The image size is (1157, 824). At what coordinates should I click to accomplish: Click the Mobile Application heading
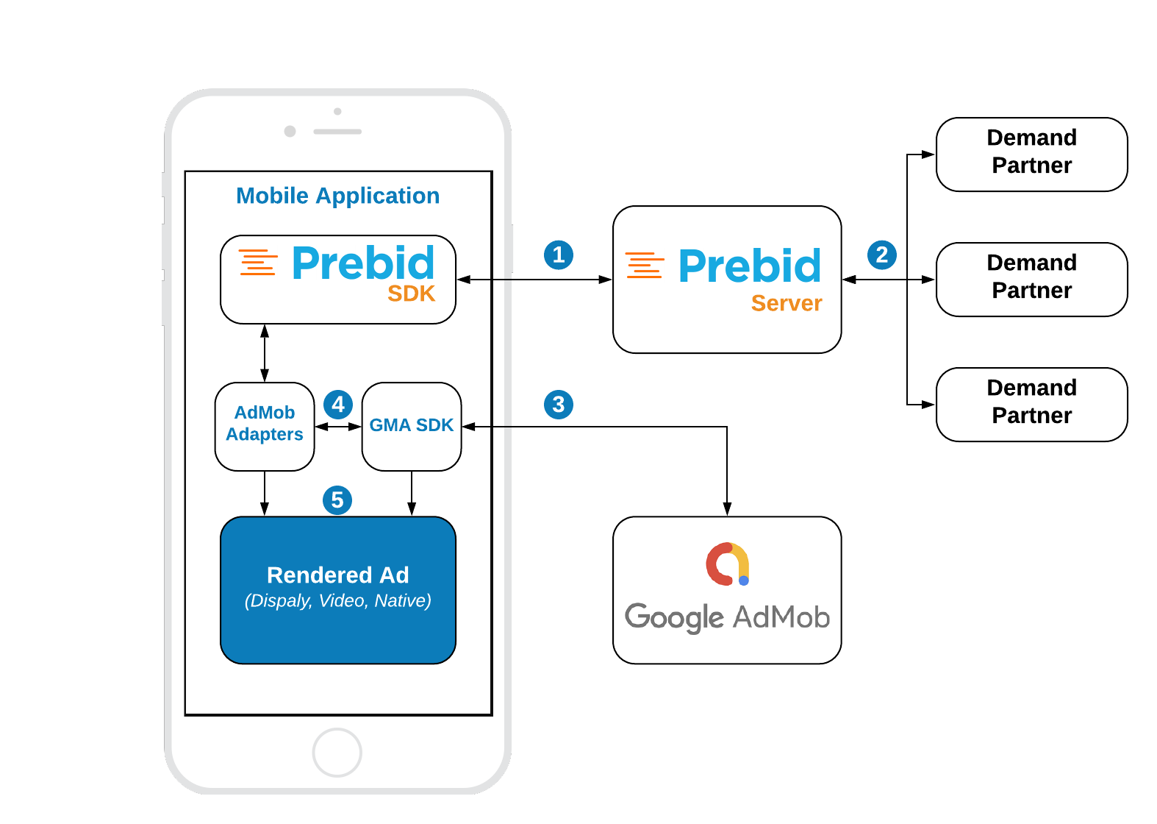337,196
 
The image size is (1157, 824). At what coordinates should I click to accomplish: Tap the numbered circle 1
558,255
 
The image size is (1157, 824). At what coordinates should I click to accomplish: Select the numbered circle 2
881,255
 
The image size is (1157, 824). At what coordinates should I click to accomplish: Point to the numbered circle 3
558,405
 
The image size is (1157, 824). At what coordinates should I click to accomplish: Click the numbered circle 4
337,405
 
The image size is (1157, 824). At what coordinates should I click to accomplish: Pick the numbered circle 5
337,500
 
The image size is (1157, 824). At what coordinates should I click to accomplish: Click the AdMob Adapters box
265,426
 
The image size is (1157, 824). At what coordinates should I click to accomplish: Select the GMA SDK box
412,426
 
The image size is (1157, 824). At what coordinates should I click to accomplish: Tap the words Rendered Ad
337,575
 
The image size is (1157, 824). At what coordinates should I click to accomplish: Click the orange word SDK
411,294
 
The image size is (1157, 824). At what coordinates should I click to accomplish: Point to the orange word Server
786,303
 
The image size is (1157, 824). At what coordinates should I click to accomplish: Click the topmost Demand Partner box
1031,154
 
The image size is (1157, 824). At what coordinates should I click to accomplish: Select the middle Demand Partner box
1031,279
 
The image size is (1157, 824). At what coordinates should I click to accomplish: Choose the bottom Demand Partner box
1031,404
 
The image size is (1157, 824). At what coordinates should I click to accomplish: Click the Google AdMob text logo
727,617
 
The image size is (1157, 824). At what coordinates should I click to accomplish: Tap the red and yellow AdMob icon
727,564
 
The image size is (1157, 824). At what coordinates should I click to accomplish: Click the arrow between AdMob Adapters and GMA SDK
338,427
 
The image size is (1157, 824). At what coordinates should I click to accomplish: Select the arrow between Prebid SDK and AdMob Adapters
265,353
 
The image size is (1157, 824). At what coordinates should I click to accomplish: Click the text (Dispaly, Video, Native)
337,601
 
